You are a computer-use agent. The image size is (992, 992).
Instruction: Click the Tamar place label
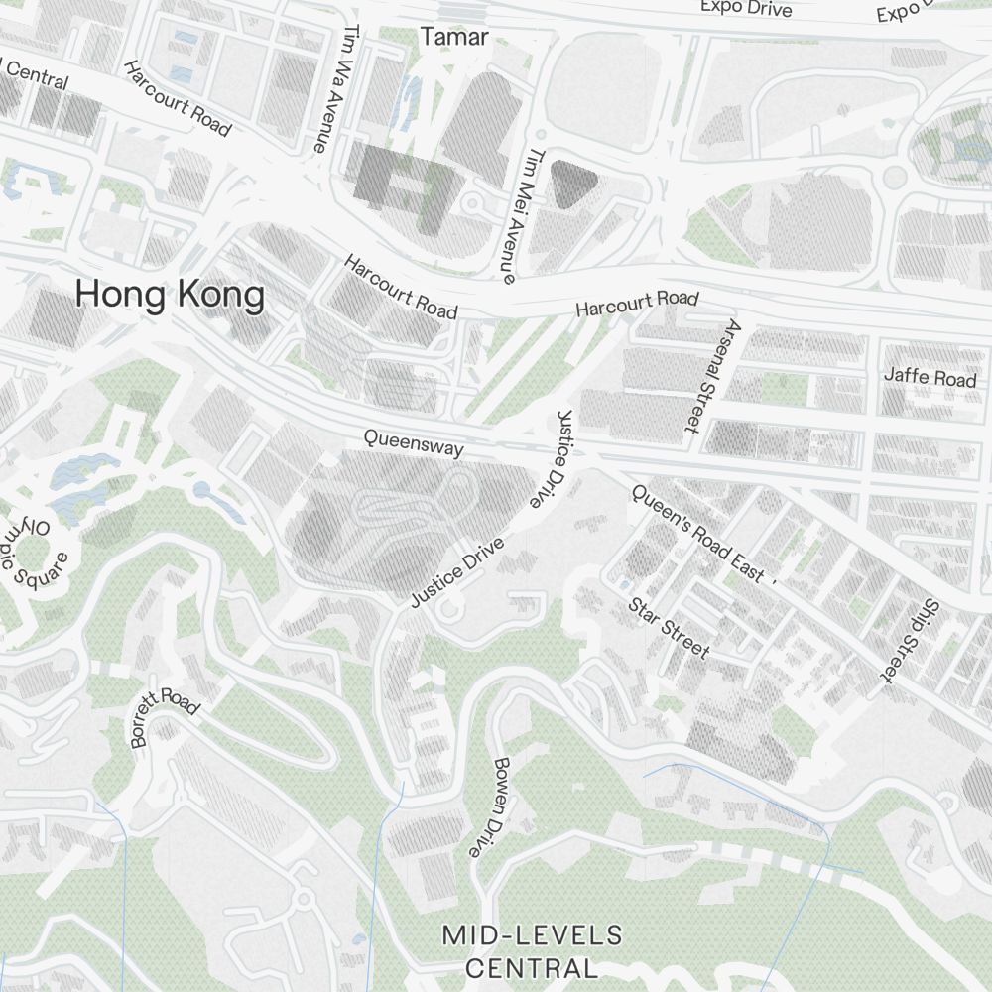tap(454, 37)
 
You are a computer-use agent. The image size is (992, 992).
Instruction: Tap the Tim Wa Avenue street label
tap(333, 89)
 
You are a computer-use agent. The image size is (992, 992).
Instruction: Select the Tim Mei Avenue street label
tap(522, 215)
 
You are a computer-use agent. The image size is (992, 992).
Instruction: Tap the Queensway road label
tap(413, 442)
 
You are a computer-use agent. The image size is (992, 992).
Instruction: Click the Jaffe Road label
tap(930, 378)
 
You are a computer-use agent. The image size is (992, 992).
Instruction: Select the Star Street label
tap(669, 628)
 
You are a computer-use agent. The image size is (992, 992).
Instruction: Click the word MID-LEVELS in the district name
tap(533, 934)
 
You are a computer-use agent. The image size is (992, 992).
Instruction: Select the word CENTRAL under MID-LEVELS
tap(532, 967)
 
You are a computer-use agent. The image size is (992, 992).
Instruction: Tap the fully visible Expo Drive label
tap(746, 8)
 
